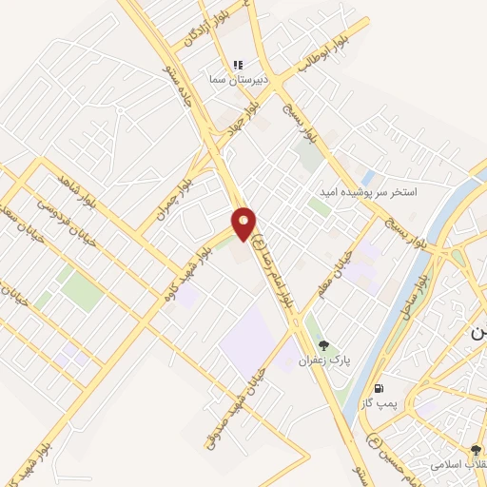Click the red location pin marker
point(244,224)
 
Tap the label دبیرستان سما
point(235,81)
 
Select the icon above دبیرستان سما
point(238,66)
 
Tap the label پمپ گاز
point(378,403)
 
